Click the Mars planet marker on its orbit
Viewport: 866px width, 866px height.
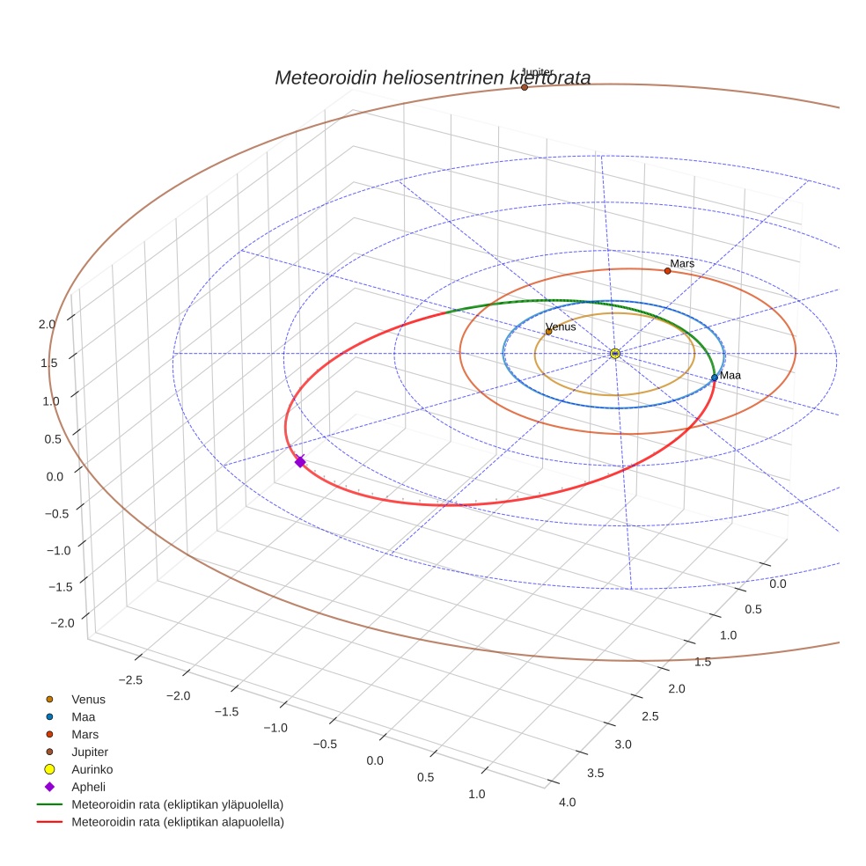667,271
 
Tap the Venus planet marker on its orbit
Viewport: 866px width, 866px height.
548,332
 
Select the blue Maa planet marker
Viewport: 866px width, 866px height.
715,378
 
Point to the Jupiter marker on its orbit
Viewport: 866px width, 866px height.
525,87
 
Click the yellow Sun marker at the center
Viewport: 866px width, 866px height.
614,354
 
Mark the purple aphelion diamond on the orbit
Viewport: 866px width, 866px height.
300,461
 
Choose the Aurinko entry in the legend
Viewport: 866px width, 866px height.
92,769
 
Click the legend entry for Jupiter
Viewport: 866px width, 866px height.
90,752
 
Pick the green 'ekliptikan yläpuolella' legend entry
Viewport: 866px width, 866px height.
177,804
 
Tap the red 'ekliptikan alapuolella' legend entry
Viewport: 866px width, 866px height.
177,822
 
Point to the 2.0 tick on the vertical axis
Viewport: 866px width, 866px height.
48,324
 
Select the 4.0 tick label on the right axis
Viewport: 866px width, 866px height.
567,802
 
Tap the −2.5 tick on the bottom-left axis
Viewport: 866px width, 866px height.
129,679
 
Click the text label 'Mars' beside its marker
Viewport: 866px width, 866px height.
682,263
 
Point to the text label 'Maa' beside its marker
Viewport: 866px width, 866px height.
730,376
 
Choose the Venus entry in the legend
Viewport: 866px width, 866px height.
88,700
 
